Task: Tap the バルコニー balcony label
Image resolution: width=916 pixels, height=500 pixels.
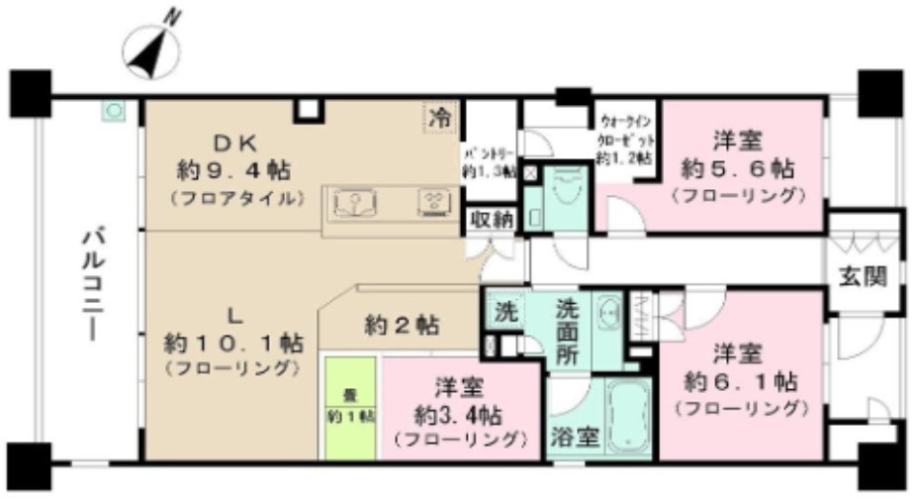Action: (95, 283)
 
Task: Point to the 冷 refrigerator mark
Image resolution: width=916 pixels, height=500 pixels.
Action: (439, 117)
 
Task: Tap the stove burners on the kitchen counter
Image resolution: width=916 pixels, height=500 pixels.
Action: (431, 203)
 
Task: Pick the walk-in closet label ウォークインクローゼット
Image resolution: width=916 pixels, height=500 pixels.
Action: (626, 139)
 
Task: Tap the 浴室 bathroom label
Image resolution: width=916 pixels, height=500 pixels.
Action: (575, 437)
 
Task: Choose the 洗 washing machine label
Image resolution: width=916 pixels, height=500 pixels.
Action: (504, 311)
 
